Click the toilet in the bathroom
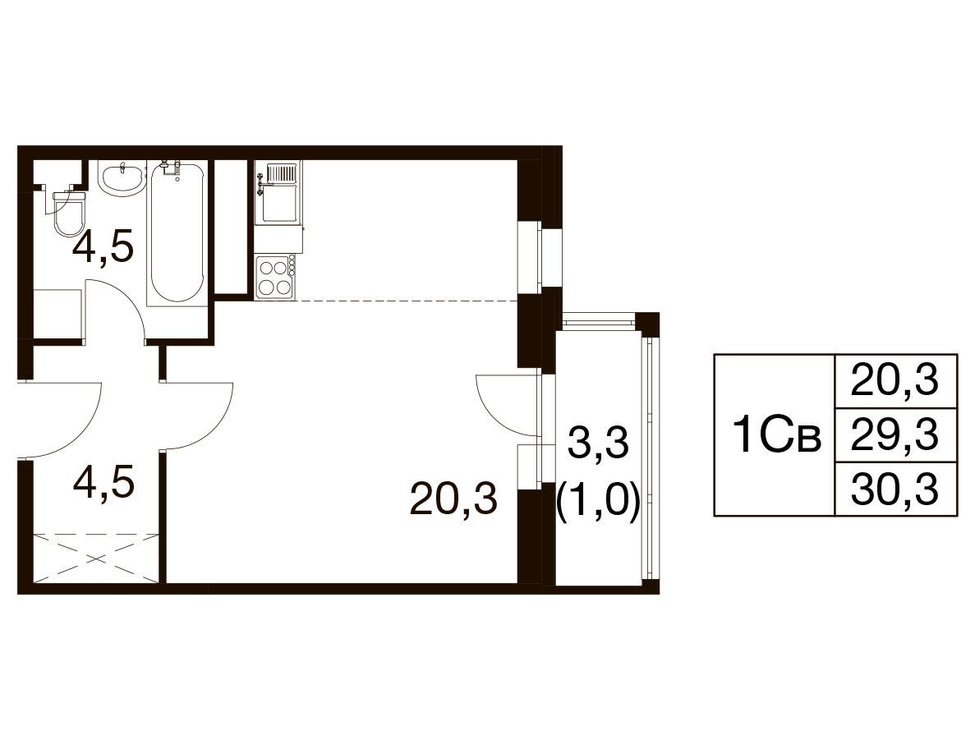click(x=68, y=214)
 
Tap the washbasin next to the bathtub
click(x=122, y=178)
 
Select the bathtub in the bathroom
click(x=177, y=232)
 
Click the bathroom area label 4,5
click(x=103, y=249)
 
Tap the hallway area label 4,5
click(x=103, y=484)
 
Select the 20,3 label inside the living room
click(x=454, y=499)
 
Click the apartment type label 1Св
click(x=777, y=435)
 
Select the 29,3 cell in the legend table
click(x=895, y=434)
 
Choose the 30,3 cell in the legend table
click(x=895, y=489)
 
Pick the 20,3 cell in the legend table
click(x=895, y=381)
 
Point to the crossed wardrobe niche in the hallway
click(x=96, y=558)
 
